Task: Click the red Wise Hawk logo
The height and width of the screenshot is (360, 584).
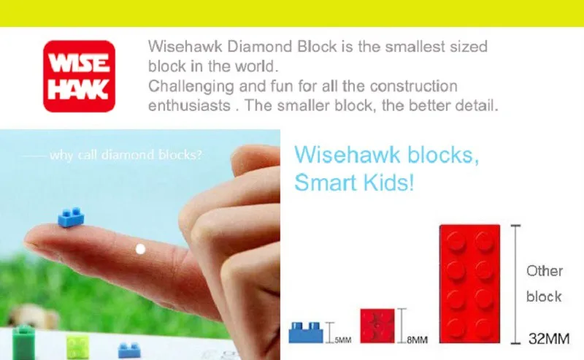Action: [79, 76]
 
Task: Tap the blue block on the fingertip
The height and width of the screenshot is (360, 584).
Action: [71, 217]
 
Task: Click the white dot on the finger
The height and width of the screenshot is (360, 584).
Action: [140, 249]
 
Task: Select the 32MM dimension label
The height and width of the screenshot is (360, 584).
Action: [549, 339]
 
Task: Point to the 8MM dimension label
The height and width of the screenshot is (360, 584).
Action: [417, 340]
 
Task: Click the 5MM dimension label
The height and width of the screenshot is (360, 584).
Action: [342, 340]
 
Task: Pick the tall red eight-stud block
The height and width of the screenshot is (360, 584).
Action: [469, 283]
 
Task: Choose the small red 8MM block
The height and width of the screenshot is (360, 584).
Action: [377, 326]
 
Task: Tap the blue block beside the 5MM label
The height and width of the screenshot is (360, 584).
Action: [306, 332]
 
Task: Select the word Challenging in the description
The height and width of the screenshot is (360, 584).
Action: [191, 86]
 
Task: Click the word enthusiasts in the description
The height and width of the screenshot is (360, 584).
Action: [190, 105]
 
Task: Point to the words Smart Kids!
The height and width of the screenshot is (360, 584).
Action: [354, 183]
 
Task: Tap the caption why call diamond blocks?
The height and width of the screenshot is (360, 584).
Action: [126, 154]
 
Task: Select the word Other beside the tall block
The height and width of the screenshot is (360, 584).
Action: [544, 271]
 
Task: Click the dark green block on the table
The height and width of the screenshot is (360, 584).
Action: [23, 342]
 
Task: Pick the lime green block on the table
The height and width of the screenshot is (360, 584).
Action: [77, 347]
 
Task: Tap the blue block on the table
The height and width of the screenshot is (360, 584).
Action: [129, 351]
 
